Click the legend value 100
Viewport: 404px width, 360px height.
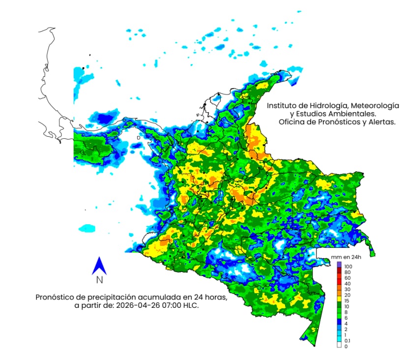click(x=348, y=266)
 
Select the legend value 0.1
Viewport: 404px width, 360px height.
click(x=348, y=340)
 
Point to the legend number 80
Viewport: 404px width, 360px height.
click(x=347, y=272)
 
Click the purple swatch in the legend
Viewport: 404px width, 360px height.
click(x=339, y=265)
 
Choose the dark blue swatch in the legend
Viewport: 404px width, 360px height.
click(x=339, y=322)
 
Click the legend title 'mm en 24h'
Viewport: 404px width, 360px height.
click(x=346, y=257)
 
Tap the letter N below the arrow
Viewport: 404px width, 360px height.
click(x=99, y=280)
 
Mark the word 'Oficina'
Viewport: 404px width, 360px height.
click(x=292, y=122)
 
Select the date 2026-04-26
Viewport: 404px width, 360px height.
click(x=147, y=305)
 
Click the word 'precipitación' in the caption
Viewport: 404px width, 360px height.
click(x=111, y=297)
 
